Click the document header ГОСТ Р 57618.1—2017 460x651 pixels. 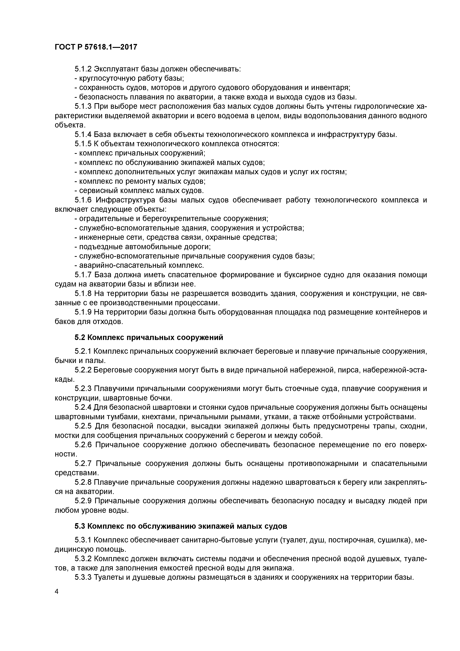(96, 47)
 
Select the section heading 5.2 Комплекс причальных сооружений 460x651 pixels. (149, 337)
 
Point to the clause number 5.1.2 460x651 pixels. (83, 69)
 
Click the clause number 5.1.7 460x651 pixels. (83, 275)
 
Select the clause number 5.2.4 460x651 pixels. (83, 408)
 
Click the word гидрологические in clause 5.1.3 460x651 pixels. (377, 106)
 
